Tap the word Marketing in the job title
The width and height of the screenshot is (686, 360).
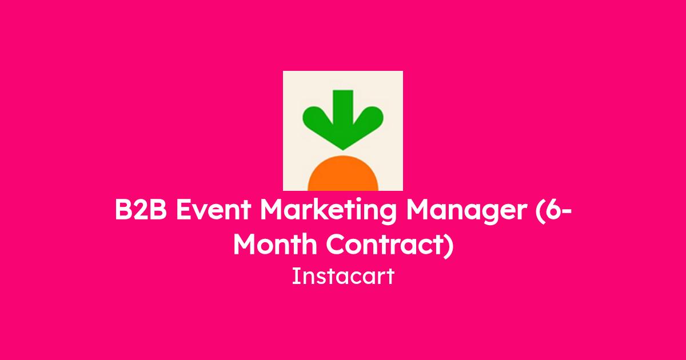pos(328,212)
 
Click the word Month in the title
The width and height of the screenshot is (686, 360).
pos(275,245)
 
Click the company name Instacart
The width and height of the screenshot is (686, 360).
pos(343,277)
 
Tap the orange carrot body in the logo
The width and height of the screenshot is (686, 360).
pos(343,174)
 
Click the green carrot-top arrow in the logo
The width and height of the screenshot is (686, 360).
pos(343,120)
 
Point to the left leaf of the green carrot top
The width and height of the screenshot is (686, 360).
pos(317,119)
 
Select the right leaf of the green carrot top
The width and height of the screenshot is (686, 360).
pos(369,119)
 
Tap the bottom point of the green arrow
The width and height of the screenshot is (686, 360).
pos(343,150)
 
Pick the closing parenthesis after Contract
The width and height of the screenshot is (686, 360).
pos(448,246)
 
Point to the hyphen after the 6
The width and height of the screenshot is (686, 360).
pos(567,211)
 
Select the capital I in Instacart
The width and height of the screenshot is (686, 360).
pos(294,276)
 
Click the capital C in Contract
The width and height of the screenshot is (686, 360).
pos(336,245)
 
